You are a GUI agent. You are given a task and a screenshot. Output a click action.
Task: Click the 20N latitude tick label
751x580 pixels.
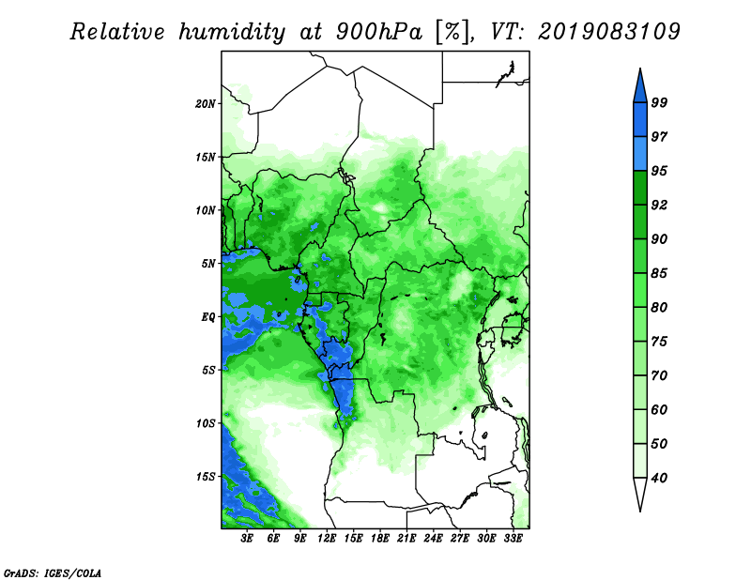(206, 104)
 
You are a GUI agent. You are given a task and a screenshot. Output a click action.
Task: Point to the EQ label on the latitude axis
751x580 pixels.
(208, 317)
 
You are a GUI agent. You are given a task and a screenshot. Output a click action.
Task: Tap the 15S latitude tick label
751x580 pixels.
(206, 477)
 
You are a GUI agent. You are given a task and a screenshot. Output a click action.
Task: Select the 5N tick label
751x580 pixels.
(208, 264)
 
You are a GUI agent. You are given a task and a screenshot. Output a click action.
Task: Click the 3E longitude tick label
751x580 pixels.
(247, 539)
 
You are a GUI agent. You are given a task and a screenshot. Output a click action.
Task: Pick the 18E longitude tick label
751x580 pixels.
(380, 539)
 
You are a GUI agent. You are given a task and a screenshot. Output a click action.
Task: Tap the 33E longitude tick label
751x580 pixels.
(513, 539)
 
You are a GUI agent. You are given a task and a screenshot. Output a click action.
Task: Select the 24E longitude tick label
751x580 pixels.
(433, 539)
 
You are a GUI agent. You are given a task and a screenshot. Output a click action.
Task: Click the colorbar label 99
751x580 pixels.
(659, 102)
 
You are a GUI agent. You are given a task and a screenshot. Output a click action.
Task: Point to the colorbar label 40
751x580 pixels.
(659, 478)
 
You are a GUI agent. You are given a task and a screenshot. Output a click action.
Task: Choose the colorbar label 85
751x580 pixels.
(659, 273)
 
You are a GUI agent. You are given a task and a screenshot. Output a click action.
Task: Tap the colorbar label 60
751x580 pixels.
(659, 410)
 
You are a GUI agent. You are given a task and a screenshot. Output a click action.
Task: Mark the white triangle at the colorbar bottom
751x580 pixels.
(640, 492)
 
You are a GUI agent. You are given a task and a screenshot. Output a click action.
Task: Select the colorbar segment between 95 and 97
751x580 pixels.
(640, 154)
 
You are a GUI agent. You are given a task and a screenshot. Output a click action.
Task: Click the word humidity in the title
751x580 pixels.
(232, 32)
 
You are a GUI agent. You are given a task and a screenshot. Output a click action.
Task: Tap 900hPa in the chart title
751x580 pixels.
(379, 32)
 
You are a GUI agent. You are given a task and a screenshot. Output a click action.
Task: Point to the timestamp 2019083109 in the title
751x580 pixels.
(608, 32)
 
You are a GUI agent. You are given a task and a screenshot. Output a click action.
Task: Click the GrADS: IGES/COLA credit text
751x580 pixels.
(53, 572)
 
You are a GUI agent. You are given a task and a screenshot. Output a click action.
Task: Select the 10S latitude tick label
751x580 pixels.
(206, 424)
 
